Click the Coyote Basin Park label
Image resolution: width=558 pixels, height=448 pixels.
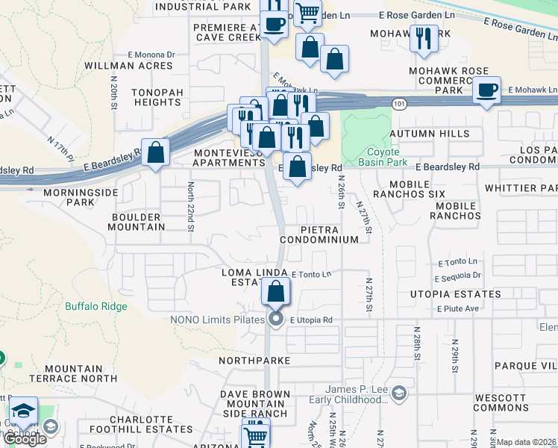click(x=382, y=156)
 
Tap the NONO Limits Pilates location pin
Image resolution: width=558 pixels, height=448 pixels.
click(x=276, y=320)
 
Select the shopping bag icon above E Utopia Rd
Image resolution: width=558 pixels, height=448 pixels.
click(x=276, y=291)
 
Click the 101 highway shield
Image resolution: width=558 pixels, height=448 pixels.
click(x=401, y=104)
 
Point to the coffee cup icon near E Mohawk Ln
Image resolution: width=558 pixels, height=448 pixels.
click(x=487, y=90)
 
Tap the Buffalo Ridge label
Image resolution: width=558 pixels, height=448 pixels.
click(x=95, y=306)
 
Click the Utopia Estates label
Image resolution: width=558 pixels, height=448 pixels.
click(x=455, y=294)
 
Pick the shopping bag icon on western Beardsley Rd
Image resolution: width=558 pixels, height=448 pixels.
click(x=155, y=152)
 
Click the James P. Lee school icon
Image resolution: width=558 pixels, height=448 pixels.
click(x=399, y=393)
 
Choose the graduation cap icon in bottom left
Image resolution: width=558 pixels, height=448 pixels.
click(x=24, y=411)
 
